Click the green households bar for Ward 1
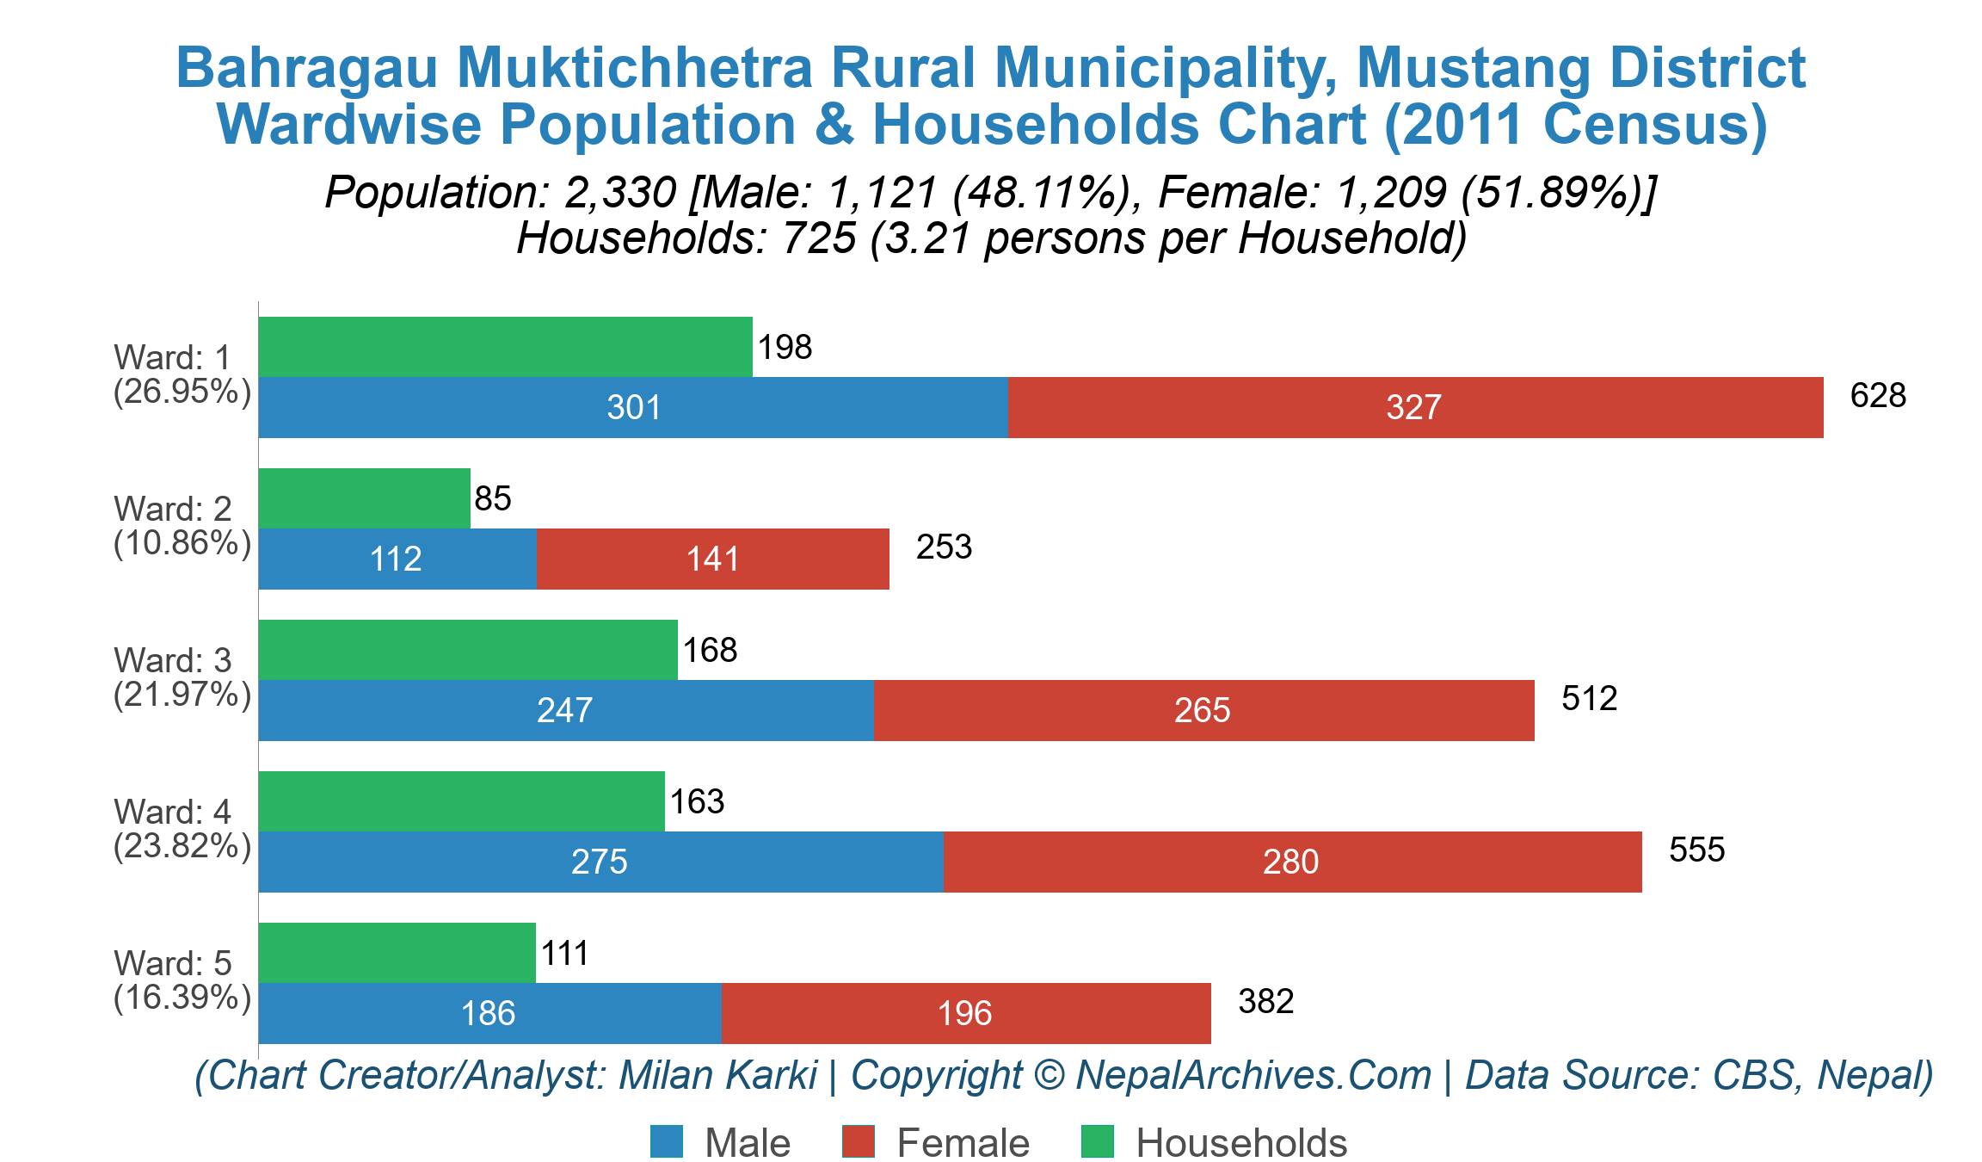click(x=505, y=347)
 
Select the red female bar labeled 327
click(x=1414, y=407)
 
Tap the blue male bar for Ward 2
click(x=397, y=559)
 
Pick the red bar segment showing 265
click(x=1203, y=710)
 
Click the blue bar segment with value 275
click(x=600, y=862)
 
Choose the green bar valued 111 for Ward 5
click(x=397, y=953)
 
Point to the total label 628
click(x=1878, y=396)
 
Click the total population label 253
click(x=944, y=547)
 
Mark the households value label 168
click(x=710, y=650)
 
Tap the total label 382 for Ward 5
click(x=1265, y=1002)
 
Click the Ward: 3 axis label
click(x=172, y=660)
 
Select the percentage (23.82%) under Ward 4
click(x=182, y=846)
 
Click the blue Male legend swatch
click(x=667, y=1142)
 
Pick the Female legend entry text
click(x=963, y=1143)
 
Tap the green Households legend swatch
click(x=1097, y=1142)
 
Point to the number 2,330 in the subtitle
click(x=620, y=192)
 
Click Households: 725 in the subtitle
click(x=686, y=238)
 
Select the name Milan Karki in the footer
click(x=717, y=1075)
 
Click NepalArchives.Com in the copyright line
click(x=1253, y=1075)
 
